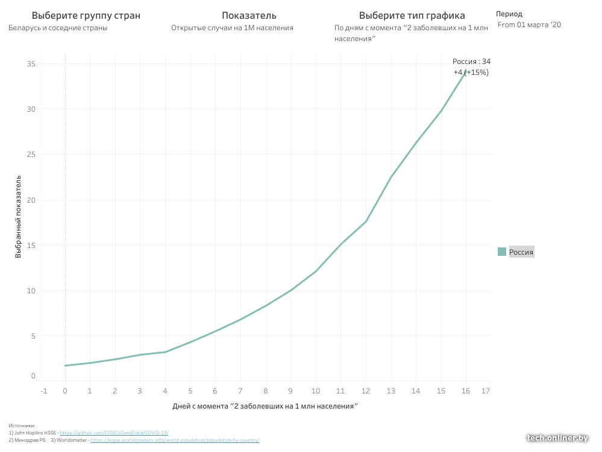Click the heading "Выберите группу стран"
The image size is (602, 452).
point(86,16)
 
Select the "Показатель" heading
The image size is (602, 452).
point(249,16)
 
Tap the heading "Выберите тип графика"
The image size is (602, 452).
point(412,16)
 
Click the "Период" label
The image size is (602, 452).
point(509,14)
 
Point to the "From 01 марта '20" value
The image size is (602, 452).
point(529,25)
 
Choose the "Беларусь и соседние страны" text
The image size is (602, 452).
point(58,28)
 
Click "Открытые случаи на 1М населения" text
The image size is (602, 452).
point(232,28)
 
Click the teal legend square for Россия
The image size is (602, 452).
point(502,252)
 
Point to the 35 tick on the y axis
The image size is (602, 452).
point(31,64)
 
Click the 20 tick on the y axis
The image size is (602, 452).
point(31,200)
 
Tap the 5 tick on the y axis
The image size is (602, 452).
point(34,336)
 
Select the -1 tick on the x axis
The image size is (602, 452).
point(43,391)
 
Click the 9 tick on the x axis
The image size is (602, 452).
point(290,391)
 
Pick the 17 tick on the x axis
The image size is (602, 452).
point(486,391)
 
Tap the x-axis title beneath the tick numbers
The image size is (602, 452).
point(265,406)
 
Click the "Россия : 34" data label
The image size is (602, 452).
point(471,62)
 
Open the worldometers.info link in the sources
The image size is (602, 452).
point(175,441)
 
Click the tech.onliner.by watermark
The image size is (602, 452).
point(557,438)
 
